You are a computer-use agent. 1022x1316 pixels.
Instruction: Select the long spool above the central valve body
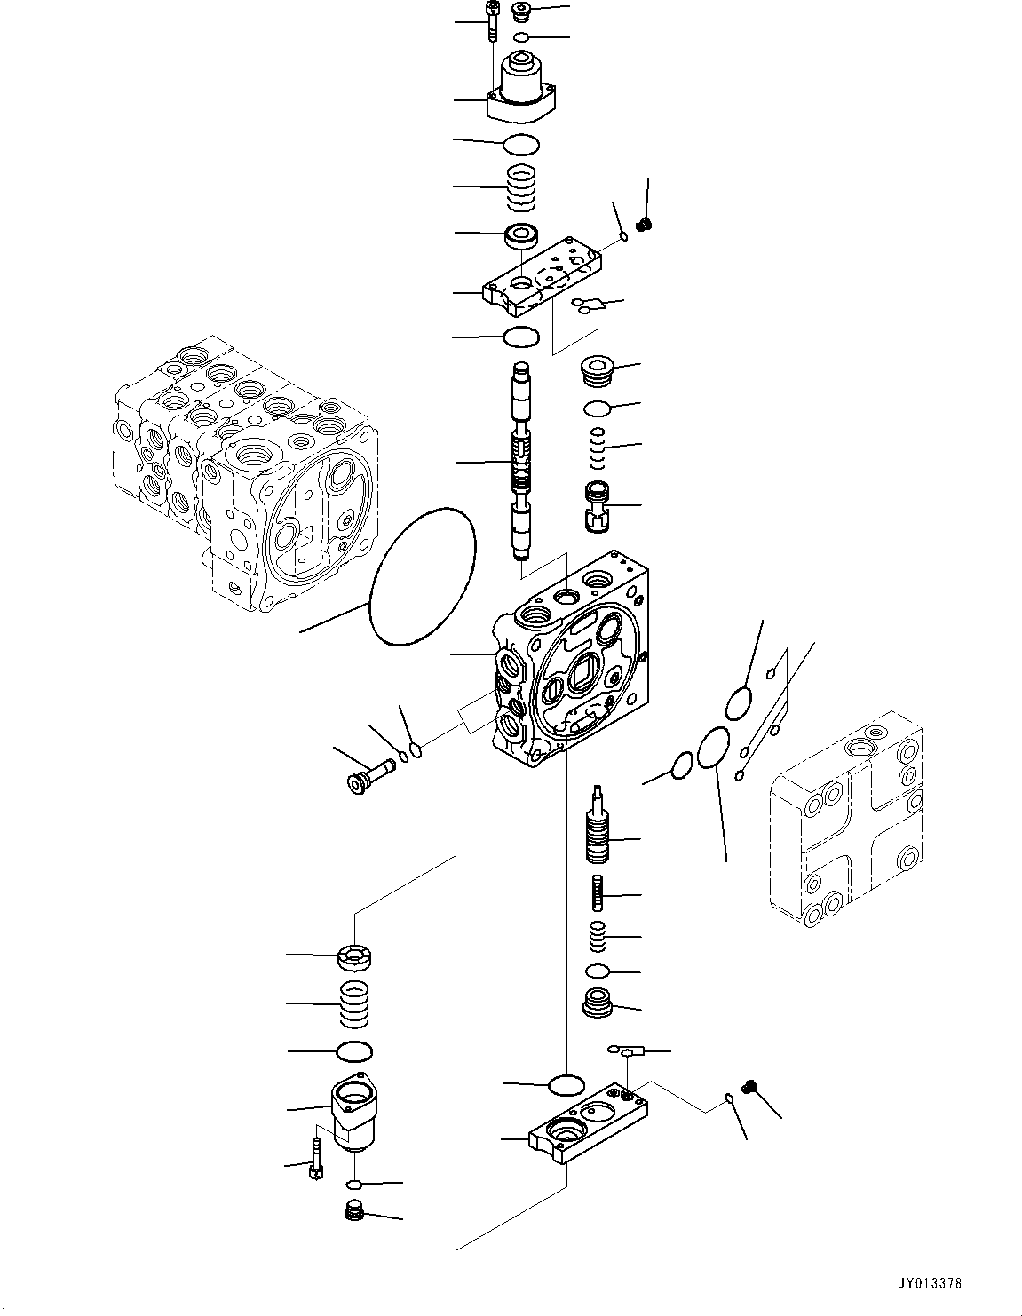pos(521,462)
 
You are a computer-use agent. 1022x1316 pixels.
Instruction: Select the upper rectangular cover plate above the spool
pos(542,278)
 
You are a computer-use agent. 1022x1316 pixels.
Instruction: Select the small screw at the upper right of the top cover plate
pos(646,223)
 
